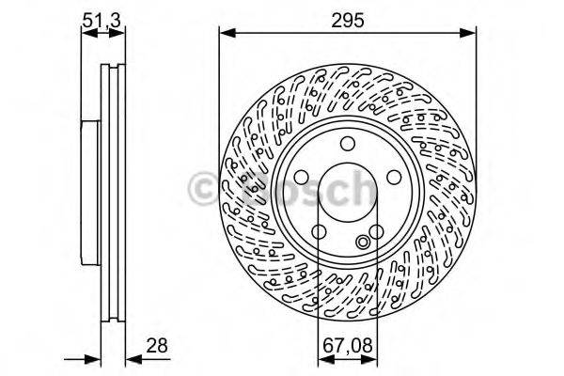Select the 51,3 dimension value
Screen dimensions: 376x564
[103, 16]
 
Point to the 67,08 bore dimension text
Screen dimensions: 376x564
[347, 346]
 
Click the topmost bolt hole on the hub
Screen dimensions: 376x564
[347, 143]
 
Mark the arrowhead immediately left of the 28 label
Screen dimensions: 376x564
[132, 357]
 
